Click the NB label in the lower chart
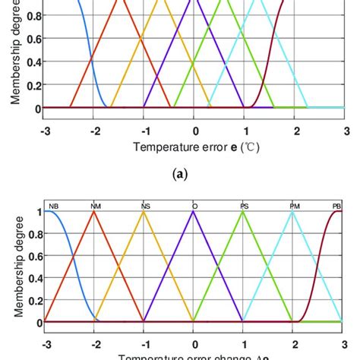54,206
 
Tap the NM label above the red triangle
95,206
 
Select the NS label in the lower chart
145,206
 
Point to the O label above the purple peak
194,206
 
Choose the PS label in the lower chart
244,206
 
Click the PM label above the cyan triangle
294,206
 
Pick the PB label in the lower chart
336,206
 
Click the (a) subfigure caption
179,173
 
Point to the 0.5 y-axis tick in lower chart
33,266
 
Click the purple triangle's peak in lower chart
194,211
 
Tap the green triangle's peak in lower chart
244,211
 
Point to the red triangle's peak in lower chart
94,211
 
